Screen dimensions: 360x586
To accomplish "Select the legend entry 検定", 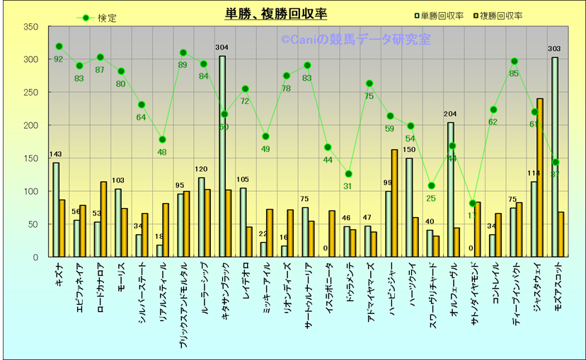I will click(107, 18).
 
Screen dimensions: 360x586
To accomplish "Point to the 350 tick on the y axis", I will click(30, 27).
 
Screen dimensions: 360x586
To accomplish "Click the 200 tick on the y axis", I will click(30, 125).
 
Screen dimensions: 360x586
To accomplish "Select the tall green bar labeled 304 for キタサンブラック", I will click(222, 156).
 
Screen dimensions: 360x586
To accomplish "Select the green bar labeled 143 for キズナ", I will click(56, 209).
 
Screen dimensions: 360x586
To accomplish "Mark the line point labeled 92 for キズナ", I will click(59, 47).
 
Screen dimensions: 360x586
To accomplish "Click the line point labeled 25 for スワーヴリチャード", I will click(431, 186).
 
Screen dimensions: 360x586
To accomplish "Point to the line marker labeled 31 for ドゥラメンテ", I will click(348, 174).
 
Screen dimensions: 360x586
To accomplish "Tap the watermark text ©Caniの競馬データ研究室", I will click(355, 40).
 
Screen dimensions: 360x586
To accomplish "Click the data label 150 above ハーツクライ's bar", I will click(409, 150).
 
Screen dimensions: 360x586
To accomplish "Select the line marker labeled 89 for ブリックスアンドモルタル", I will click(183, 52).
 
